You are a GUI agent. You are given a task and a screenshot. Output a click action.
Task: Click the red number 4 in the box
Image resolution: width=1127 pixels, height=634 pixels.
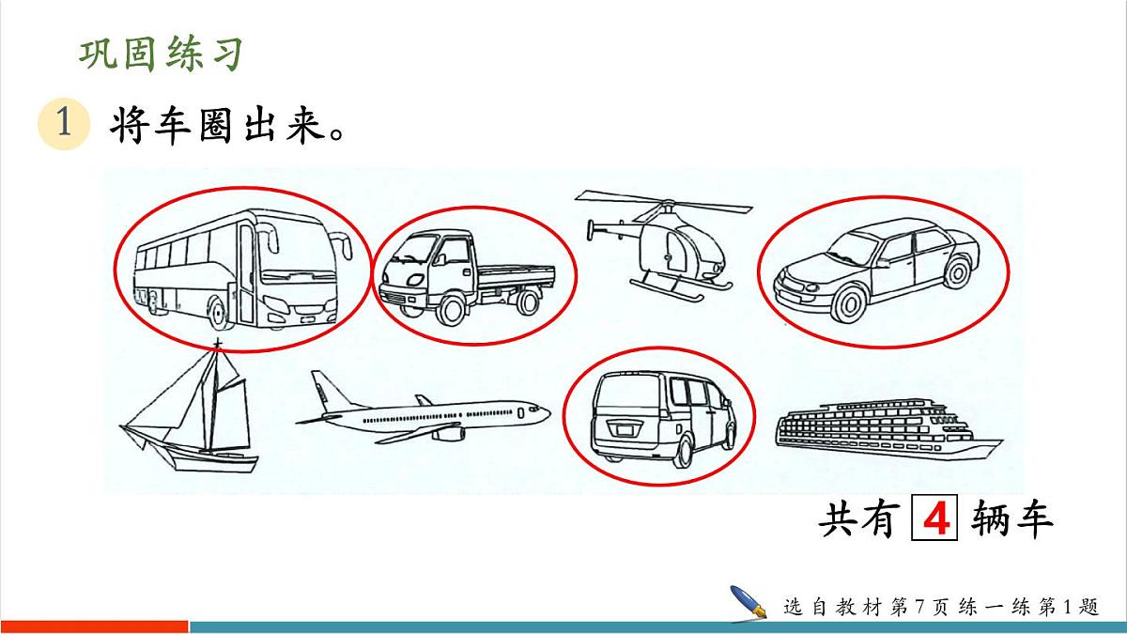(x=934, y=519)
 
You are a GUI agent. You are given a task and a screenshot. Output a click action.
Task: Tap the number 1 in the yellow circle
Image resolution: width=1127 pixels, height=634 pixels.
(x=63, y=125)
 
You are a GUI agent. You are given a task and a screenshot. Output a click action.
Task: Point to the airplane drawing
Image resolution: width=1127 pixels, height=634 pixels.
(x=423, y=413)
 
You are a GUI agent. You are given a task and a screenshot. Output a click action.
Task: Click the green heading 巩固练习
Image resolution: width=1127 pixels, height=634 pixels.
(x=161, y=54)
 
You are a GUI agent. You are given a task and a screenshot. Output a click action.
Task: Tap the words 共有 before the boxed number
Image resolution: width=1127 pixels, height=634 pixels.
(x=856, y=519)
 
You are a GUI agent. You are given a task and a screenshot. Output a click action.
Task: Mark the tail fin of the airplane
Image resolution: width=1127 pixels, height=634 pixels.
(x=322, y=389)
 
